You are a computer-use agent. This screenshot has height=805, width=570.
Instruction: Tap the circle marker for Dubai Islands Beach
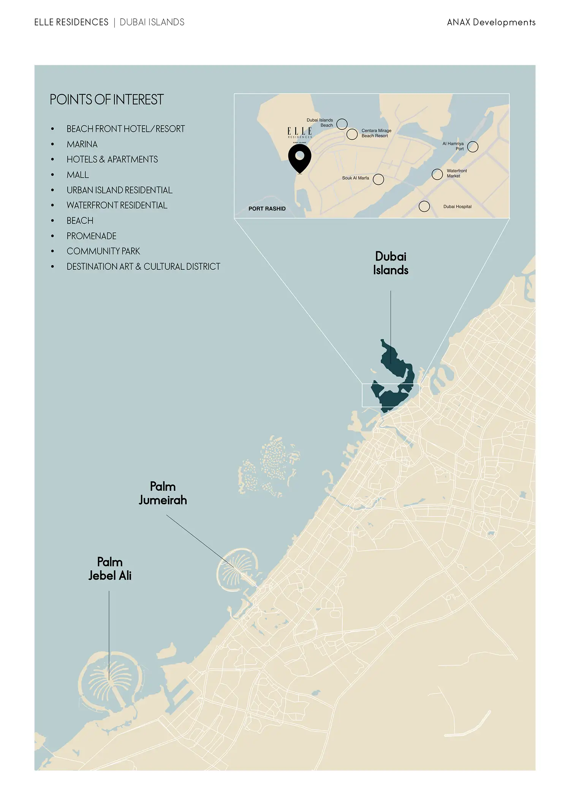342,124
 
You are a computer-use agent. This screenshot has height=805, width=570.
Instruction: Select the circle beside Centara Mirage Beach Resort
352,134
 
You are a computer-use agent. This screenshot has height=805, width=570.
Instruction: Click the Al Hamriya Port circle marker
473,147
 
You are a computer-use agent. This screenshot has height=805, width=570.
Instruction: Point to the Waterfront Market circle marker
437,174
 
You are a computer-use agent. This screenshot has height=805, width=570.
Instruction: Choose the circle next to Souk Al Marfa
378,179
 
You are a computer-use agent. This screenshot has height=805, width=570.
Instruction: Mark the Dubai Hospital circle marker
424,206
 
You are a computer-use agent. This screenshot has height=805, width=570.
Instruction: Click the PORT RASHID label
267,209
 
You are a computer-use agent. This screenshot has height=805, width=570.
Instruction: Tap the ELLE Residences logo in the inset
300,133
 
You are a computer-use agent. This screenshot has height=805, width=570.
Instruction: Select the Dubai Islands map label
391,263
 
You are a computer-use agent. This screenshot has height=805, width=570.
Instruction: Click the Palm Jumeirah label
163,493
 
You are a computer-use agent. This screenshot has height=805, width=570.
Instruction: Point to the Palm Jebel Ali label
110,569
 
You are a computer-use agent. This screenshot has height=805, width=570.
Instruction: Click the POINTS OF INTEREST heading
106,100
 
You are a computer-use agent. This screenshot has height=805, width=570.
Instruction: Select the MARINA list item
82,144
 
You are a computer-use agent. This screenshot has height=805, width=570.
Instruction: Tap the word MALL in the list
78,175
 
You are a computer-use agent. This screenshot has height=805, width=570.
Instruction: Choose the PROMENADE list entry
92,236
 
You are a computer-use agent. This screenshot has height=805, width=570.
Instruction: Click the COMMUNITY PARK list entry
103,251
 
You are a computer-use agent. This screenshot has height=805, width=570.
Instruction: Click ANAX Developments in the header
491,22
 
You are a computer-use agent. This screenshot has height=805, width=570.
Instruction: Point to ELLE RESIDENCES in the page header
71,22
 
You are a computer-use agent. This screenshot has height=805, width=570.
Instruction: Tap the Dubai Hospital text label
457,207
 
